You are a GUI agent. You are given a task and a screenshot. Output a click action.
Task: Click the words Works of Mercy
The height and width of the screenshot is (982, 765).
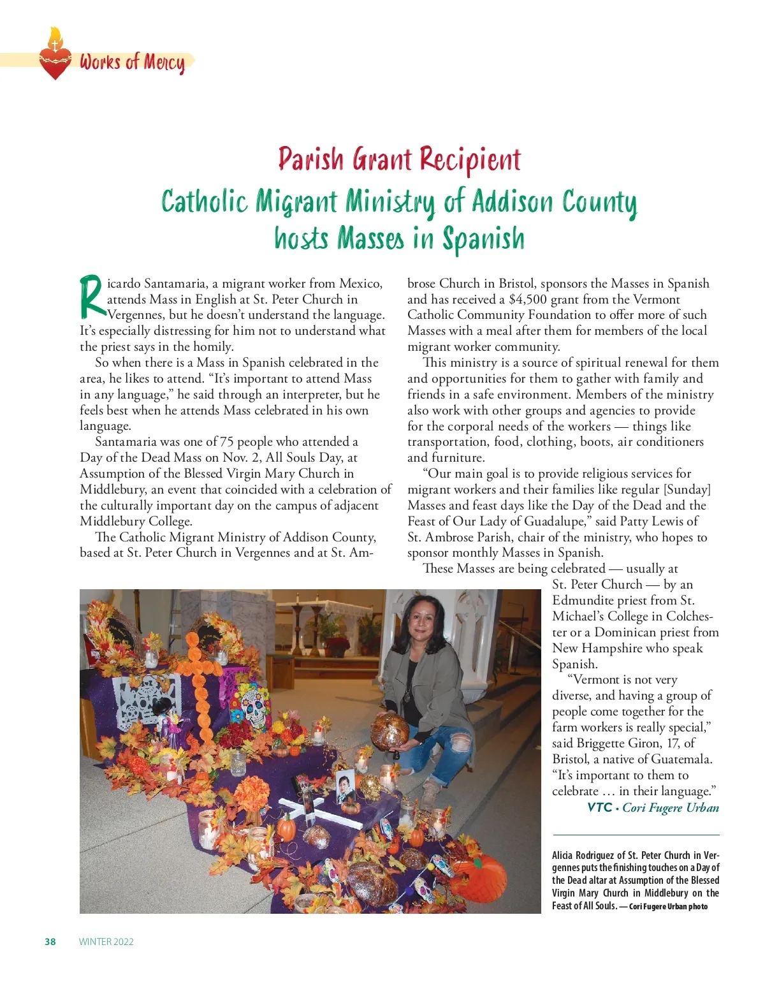132,62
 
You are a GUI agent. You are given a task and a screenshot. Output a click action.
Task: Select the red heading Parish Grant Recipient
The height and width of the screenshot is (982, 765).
399,159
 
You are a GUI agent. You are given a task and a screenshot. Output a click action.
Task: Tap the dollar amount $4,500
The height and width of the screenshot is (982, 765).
528,299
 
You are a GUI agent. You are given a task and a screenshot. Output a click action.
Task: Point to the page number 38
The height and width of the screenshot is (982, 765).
50,942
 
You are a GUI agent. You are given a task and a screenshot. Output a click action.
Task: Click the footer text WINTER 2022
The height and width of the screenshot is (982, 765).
106,942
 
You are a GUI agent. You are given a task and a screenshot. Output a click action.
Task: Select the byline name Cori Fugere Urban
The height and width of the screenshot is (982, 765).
671,808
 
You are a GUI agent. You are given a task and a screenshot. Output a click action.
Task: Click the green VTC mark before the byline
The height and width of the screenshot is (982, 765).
600,808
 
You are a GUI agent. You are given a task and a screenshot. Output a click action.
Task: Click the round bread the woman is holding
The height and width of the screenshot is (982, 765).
390,732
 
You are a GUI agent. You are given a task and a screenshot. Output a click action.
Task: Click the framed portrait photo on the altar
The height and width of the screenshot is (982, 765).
345,788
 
